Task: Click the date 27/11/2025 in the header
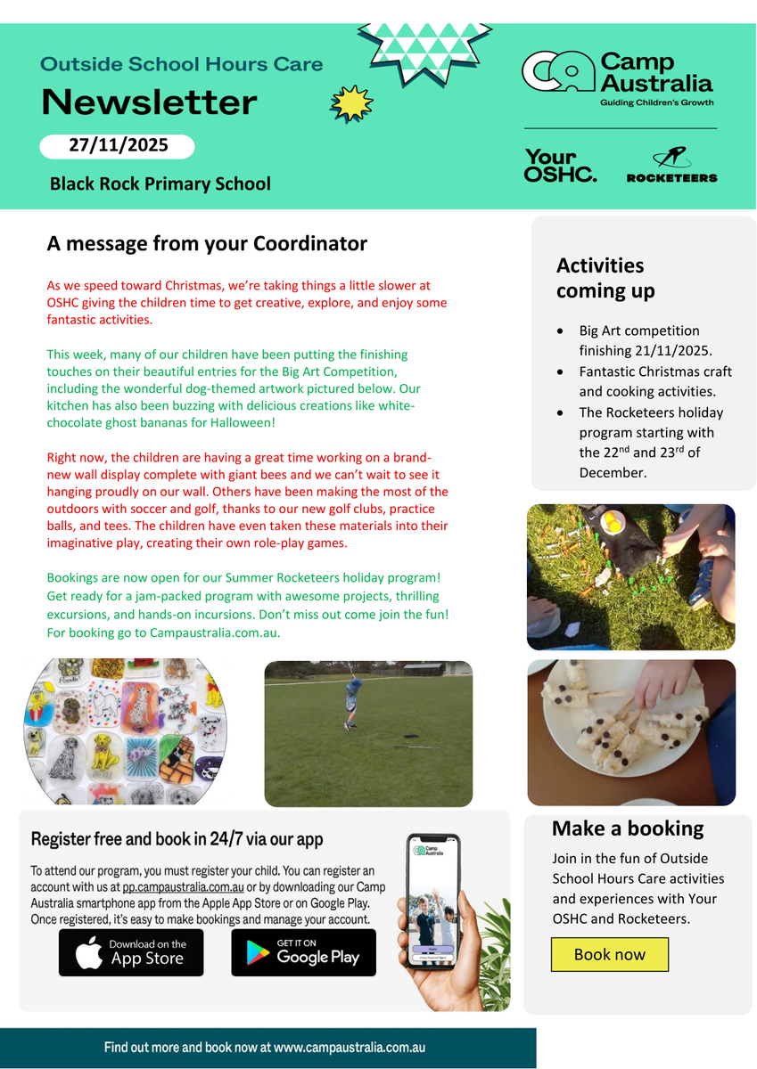118,145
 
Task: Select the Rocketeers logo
671,166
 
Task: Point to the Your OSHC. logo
560,166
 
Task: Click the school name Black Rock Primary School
160,184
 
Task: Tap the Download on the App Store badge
131,952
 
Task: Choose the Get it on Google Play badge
303,952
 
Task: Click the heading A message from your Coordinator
207,243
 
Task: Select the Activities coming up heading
605,278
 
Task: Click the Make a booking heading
628,828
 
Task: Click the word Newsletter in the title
149,102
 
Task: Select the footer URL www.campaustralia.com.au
350,1048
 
